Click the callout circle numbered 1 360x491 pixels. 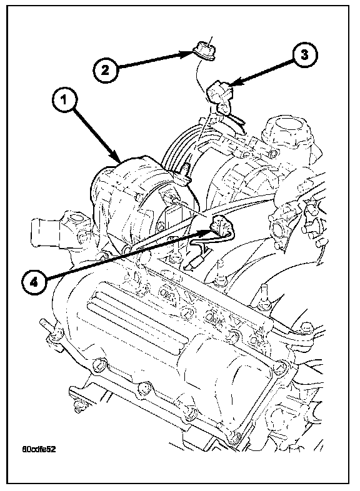(x=64, y=101)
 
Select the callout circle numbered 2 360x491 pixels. (x=105, y=69)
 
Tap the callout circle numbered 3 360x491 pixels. (x=304, y=56)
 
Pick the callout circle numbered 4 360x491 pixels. (x=34, y=282)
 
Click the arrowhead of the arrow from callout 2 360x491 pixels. (x=191, y=53)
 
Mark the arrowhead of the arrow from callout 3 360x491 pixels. (x=229, y=86)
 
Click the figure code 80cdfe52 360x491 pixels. (x=39, y=449)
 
